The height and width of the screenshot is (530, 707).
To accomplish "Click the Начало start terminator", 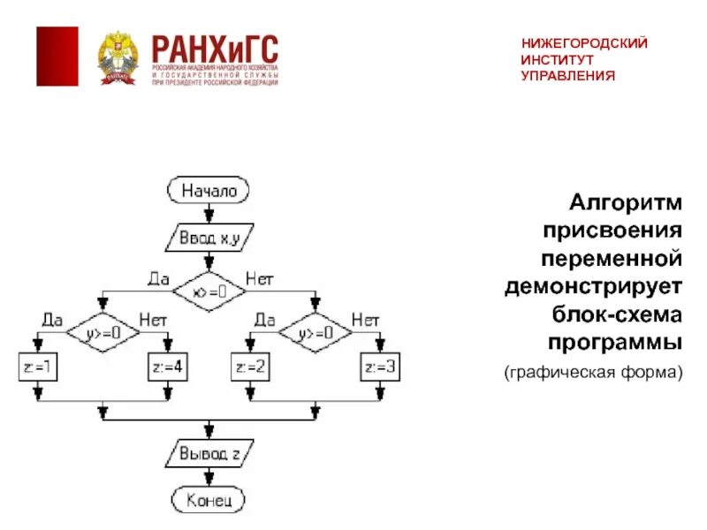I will click(x=209, y=190).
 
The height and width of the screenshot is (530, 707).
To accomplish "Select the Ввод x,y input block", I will click(x=209, y=237).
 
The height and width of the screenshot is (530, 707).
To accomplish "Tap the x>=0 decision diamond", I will click(x=209, y=290).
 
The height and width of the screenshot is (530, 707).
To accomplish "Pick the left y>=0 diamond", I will click(x=103, y=333).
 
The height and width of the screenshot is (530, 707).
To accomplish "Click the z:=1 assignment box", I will click(x=38, y=367).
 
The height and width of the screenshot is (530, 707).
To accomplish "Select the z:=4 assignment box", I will click(x=168, y=367).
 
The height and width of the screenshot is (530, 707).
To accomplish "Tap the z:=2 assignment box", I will click(x=250, y=367).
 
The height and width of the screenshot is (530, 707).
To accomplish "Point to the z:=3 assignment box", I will click(x=380, y=367).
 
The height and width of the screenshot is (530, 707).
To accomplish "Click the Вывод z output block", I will click(x=209, y=454).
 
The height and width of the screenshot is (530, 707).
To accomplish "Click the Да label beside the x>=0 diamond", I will click(x=158, y=279).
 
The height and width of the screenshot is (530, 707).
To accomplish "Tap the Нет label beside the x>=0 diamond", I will click(x=259, y=279).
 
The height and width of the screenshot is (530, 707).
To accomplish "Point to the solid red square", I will click(x=57, y=57).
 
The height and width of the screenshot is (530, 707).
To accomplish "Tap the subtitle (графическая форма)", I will click(x=594, y=374).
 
